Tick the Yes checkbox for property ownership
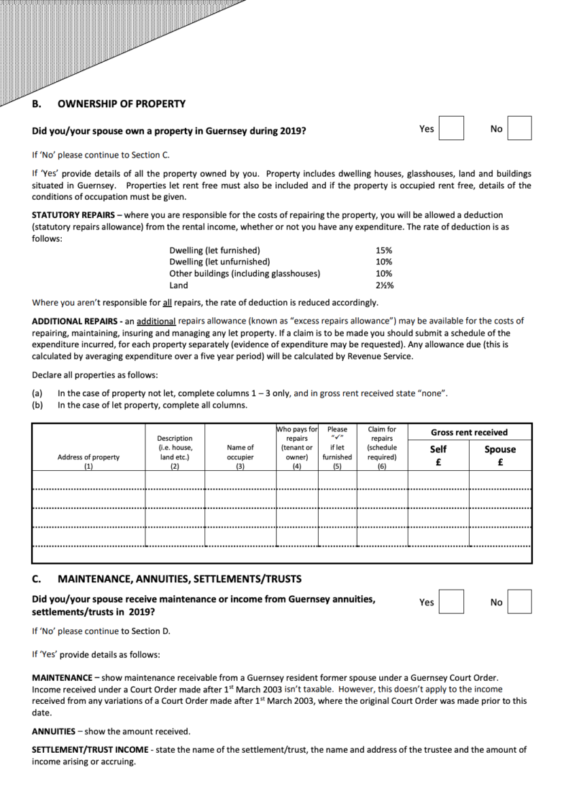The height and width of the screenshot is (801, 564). click(x=451, y=128)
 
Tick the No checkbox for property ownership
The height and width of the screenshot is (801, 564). click(x=519, y=128)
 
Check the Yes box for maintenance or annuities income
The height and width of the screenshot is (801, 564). click(x=451, y=601)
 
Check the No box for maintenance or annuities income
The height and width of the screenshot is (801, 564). click(x=519, y=601)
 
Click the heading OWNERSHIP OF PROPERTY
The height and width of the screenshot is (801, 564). click(x=122, y=104)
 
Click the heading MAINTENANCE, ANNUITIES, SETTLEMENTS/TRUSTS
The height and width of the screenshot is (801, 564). click(x=180, y=580)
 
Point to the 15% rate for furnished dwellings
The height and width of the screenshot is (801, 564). click(x=383, y=251)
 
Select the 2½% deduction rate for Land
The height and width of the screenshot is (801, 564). click(x=385, y=285)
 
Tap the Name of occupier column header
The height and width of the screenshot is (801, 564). click(x=241, y=452)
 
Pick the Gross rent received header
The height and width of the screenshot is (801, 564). click(x=469, y=432)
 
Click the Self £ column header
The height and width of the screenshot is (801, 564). click(x=438, y=454)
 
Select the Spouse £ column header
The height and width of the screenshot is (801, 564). click(x=499, y=454)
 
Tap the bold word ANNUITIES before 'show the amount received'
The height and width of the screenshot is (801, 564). click(x=54, y=732)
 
